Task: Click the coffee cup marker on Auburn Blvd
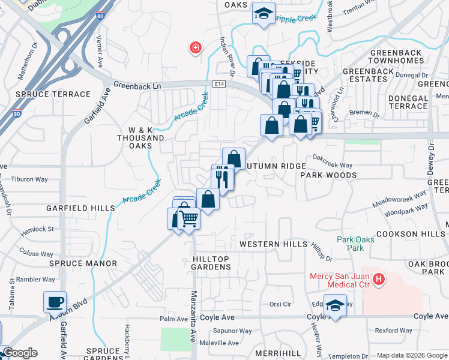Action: point(55,302)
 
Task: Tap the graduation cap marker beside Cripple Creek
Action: point(262,14)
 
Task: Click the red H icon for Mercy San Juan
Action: point(378,278)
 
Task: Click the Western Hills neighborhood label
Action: point(268,244)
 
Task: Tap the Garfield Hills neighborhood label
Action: point(80,208)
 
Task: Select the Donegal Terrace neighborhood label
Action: point(399,102)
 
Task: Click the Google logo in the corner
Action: point(20,353)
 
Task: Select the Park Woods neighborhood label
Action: point(328,175)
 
